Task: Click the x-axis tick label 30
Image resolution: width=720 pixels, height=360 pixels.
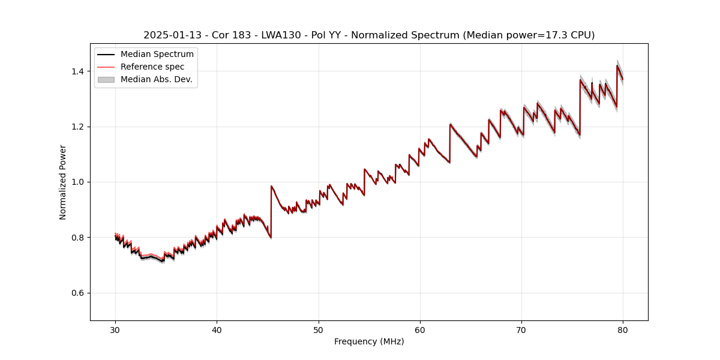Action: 115,329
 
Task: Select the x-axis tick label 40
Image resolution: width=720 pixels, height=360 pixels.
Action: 217,329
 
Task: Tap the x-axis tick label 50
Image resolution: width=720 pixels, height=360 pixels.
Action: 319,329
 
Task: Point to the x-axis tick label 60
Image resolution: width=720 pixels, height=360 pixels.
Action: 420,329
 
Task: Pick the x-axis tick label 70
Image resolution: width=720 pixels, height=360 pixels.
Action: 521,329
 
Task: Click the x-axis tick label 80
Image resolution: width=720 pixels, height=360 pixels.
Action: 623,329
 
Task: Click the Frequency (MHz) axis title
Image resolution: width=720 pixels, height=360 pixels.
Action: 369,341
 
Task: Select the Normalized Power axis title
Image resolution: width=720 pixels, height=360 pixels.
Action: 63,182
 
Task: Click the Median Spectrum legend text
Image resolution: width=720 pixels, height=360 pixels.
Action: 157,55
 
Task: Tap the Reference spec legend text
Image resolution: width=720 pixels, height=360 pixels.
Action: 152,67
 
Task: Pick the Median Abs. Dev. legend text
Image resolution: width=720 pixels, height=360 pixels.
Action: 157,79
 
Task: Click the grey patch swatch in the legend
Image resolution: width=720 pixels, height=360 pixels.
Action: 106,79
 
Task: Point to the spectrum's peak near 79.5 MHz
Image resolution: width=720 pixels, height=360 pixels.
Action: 617,66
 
